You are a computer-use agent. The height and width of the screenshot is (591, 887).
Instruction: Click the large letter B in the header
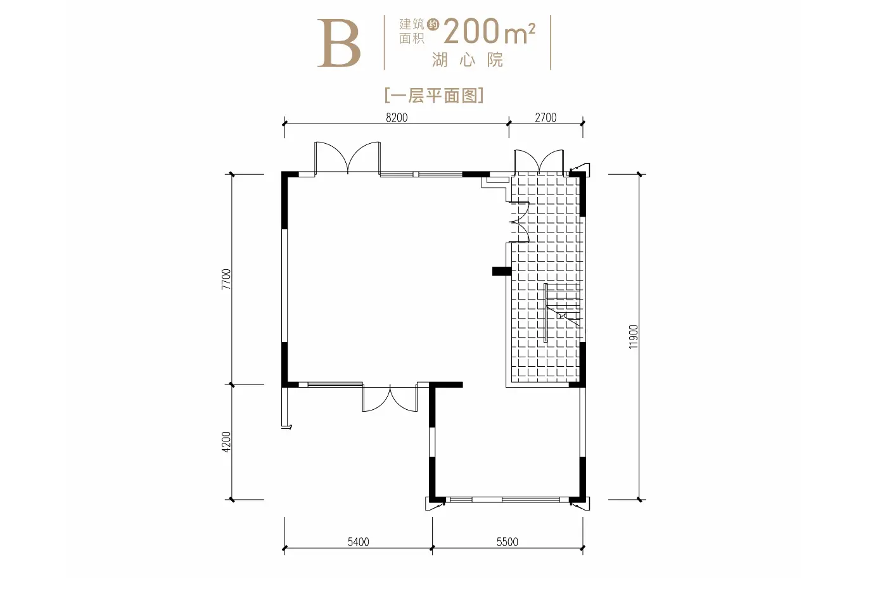coord(339,44)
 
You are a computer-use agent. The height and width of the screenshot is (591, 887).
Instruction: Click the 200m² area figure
coord(489,32)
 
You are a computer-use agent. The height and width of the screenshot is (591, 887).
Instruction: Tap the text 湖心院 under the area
coord(468,60)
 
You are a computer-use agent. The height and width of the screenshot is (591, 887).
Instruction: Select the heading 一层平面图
coord(434,96)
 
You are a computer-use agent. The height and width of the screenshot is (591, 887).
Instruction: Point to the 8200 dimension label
coord(397,117)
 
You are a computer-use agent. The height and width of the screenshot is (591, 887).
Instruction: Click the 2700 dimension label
coord(546,117)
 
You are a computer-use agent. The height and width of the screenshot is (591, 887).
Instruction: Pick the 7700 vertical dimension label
coord(226,279)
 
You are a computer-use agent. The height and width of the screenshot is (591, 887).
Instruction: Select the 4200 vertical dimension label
coord(226,442)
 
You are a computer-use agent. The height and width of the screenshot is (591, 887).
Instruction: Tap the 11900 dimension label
coord(634,336)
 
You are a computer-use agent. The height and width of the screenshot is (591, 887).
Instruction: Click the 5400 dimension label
coord(358,542)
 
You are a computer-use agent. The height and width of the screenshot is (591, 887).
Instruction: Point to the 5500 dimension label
coord(507,542)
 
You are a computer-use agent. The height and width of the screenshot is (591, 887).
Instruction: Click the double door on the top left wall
coord(347,158)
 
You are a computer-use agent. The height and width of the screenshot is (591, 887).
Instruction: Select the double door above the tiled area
coord(539,162)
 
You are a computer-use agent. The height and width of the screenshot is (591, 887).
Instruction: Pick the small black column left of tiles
coord(501,271)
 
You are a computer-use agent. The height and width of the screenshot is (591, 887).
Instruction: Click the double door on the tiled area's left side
coord(518,222)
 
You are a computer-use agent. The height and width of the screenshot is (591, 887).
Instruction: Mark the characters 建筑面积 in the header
coord(411,32)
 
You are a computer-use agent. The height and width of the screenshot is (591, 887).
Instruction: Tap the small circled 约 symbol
coord(433,25)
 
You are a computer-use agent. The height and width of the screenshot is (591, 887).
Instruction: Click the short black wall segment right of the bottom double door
coord(447,384)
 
